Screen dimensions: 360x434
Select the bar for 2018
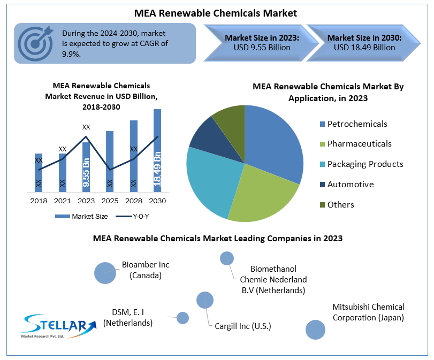39,172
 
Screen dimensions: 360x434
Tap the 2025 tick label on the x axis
110,201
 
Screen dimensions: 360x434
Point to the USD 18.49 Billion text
364,48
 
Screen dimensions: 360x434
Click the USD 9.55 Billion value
262,48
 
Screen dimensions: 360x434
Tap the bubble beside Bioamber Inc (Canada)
105,272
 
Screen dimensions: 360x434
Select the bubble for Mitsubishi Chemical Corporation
315,330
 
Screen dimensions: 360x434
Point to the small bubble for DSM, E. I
182,318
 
